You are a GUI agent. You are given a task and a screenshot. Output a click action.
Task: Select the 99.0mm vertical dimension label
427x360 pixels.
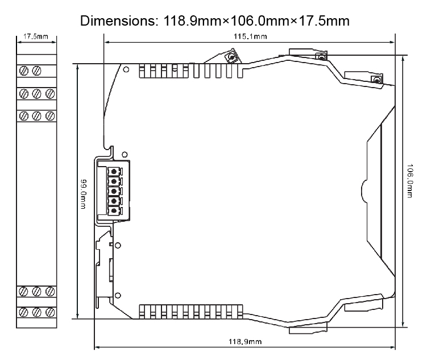[84, 192]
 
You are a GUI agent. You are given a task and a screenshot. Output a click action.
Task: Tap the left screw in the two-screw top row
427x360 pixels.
[24, 71]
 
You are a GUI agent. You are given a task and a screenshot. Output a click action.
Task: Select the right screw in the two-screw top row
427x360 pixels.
[37, 71]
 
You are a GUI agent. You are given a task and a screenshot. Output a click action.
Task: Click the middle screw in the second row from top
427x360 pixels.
[37, 93]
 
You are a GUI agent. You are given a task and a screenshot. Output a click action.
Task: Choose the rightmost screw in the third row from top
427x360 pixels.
[49, 116]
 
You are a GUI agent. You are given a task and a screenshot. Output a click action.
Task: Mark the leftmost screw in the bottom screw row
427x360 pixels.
[24, 312]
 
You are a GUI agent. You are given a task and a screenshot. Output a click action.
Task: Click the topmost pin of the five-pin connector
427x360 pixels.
[114, 171]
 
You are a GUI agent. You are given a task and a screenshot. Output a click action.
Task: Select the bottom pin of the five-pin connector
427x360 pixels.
[114, 211]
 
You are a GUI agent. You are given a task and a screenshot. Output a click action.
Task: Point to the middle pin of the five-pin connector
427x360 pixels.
[114, 191]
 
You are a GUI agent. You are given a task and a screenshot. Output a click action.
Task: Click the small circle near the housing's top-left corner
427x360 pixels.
[125, 71]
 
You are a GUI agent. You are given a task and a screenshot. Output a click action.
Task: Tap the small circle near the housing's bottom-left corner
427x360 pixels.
[118, 295]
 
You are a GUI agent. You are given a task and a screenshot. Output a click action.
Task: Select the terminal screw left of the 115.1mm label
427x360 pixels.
[232, 57]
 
